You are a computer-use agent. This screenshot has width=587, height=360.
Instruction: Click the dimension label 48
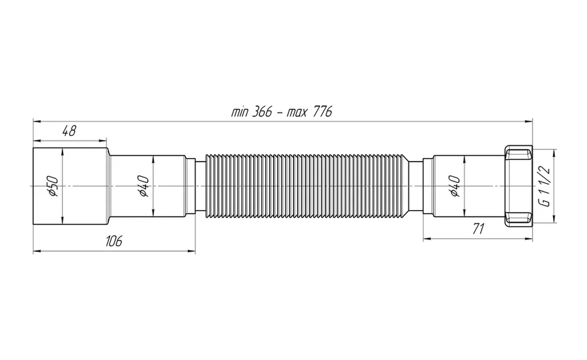pos(69,131)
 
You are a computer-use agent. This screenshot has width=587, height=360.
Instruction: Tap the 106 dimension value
pos(114,241)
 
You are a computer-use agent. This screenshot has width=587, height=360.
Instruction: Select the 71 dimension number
pos(478,228)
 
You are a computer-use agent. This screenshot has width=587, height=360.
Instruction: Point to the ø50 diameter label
pos(53,186)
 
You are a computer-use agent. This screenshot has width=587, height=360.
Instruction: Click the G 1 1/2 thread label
pos(544,186)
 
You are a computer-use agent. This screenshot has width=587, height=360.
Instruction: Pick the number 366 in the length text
pos(262,112)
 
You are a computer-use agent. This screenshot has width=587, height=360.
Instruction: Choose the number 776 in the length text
pos(321,112)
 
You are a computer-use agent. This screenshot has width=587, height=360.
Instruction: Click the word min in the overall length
pos(239,112)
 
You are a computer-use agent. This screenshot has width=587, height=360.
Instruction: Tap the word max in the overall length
pos(296,112)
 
